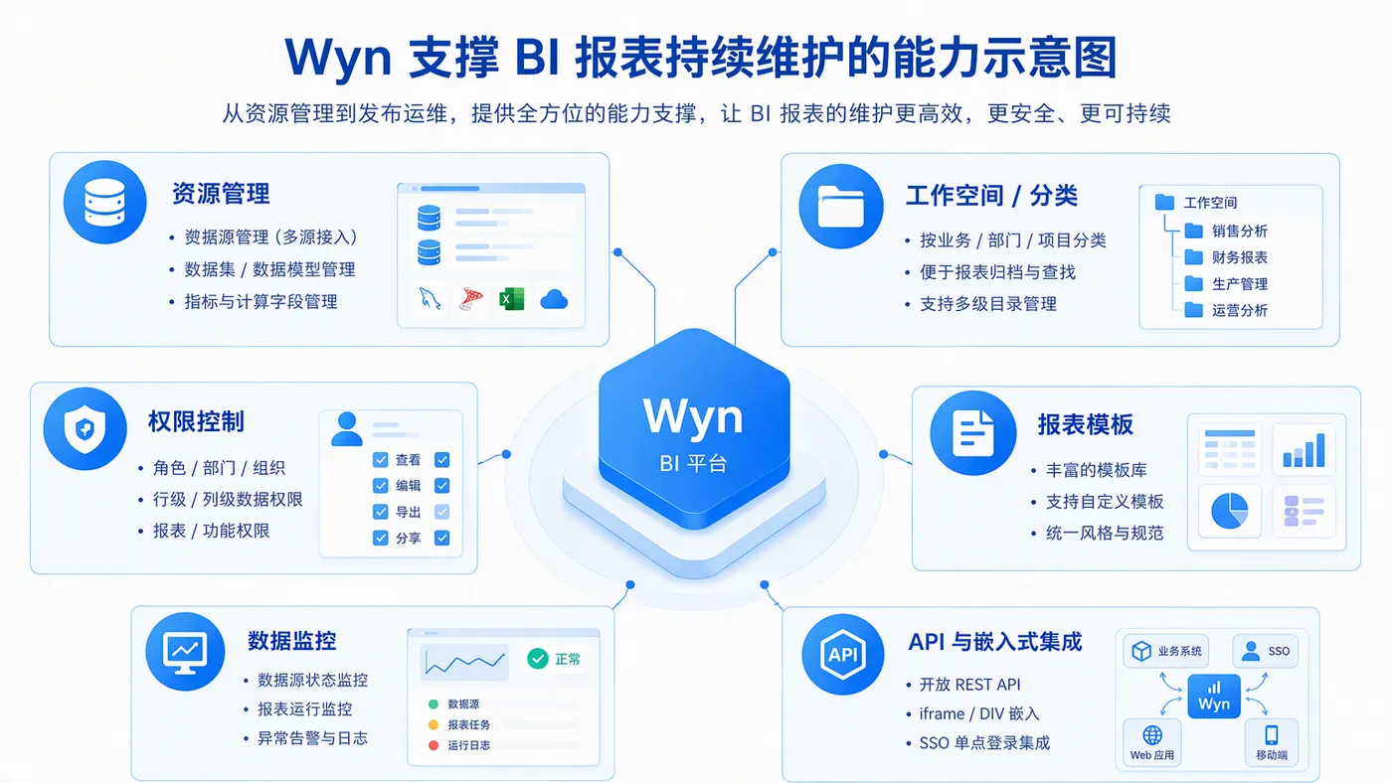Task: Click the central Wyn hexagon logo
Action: [x=694, y=428]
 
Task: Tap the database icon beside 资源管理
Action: [x=105, y=203]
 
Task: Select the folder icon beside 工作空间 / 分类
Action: [x=841, y=206]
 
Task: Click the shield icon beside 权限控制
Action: [x=86, y=428]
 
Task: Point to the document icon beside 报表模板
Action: [x=973, y=433]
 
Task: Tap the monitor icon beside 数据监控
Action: [x=185, y=652]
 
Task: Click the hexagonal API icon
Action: [x=843, y=655]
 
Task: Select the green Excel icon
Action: [x=511, y=299]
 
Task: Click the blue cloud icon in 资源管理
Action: [x=554, y=299]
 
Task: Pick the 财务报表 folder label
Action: [x=1239, y=257]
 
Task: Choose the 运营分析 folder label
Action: [x=1239, y=310]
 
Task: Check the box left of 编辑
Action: [x=380, y=486]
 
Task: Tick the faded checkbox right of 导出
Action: [x=441, y=512]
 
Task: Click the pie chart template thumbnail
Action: [x=1229, y=511]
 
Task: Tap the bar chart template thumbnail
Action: [x=1304, y=450]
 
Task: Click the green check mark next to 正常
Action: [x=538, y=658]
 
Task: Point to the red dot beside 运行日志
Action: [x=434, y=745]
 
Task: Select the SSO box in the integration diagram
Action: [x=1265, y=651]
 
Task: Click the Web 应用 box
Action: [x=1152, y=742]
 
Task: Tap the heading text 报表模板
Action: [x=1085, y=424]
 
